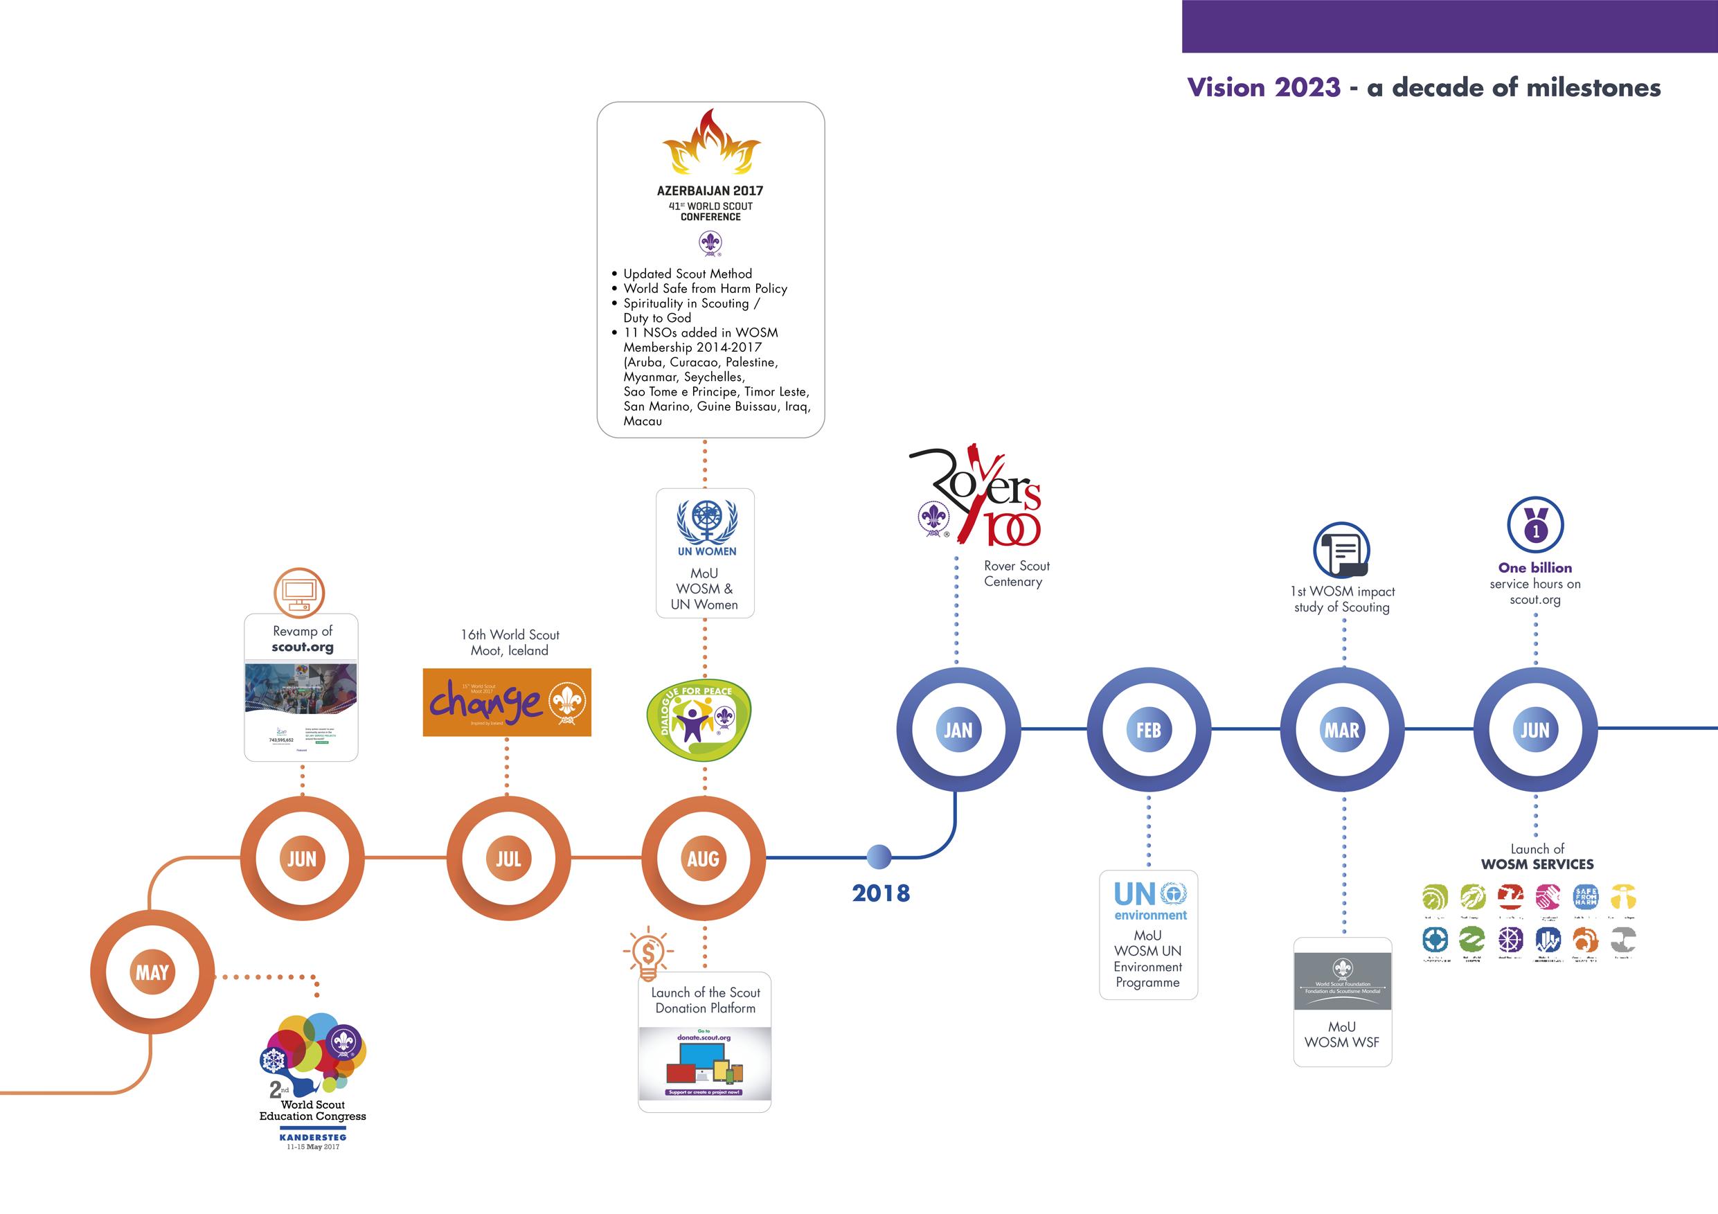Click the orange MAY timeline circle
coord(152,972)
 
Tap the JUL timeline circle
coord(508,859)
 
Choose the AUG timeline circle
coord(704,859)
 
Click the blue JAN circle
coord(958,730)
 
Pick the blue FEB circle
coord(1149,730)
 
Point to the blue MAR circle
coord(1341,730)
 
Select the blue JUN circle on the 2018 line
coord(1534,730)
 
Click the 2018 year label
coord(881,893)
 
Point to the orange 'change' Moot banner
coord(507,702)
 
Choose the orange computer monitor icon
coord(299,592)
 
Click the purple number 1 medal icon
coord(1535,525)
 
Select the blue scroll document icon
coord(1341,551)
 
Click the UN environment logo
coord(1150,902)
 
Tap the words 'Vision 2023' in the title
coord(1263,87)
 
